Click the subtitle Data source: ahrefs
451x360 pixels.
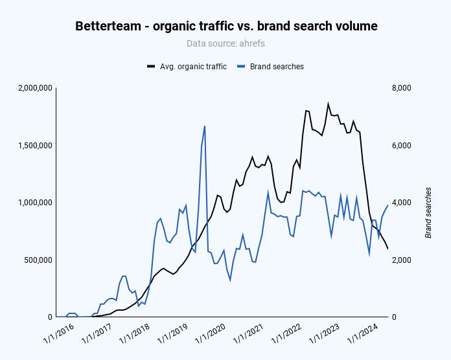tap(226, 44)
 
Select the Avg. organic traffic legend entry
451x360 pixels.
tap(187, 66)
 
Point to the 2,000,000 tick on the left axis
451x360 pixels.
tap(30, 88)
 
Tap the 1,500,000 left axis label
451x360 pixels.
tap(30, 146)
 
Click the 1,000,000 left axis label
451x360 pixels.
tap(30, 203)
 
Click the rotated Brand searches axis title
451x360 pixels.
tap(428, 212)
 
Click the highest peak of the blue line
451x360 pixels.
tap(205, 126)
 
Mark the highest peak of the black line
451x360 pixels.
tap(328, 104)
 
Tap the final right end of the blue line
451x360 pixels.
tap(388, 205)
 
